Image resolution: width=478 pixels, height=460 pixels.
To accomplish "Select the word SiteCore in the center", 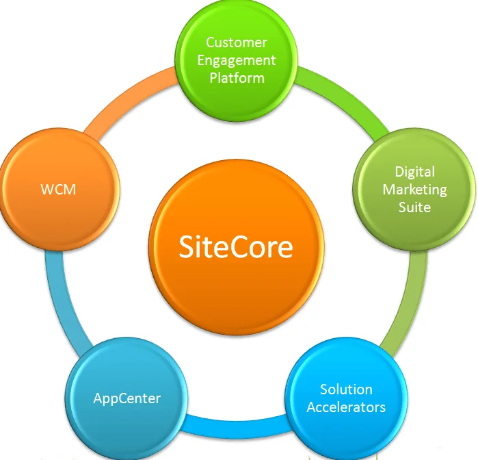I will tap(236, 246).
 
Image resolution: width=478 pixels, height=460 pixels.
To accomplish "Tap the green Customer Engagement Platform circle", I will tap(237, 61).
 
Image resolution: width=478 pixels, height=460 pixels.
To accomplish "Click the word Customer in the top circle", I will tap(237, 42).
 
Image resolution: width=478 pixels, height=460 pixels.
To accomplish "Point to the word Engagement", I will tap(237, 60).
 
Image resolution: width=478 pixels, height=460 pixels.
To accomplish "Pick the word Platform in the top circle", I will tap(237, 77).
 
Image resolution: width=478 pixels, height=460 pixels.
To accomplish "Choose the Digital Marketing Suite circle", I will tap(414, 188).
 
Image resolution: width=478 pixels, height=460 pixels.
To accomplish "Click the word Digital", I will tap(414, 172).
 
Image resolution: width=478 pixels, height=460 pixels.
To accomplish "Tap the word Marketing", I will tap(414, 189).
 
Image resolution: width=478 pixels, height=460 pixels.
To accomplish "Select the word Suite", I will tap(414, 206).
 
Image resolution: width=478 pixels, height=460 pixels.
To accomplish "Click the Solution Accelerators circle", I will tap(346, 398).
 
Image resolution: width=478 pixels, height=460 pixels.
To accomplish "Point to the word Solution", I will tap(346, 389).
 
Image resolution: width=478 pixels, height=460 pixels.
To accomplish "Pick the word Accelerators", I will tap(346, 407).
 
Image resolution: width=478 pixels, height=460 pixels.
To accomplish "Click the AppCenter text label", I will tap(127, 398).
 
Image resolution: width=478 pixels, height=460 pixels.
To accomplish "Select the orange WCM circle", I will tap(58, 188).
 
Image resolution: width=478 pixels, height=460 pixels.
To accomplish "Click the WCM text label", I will tap(58, 189).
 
